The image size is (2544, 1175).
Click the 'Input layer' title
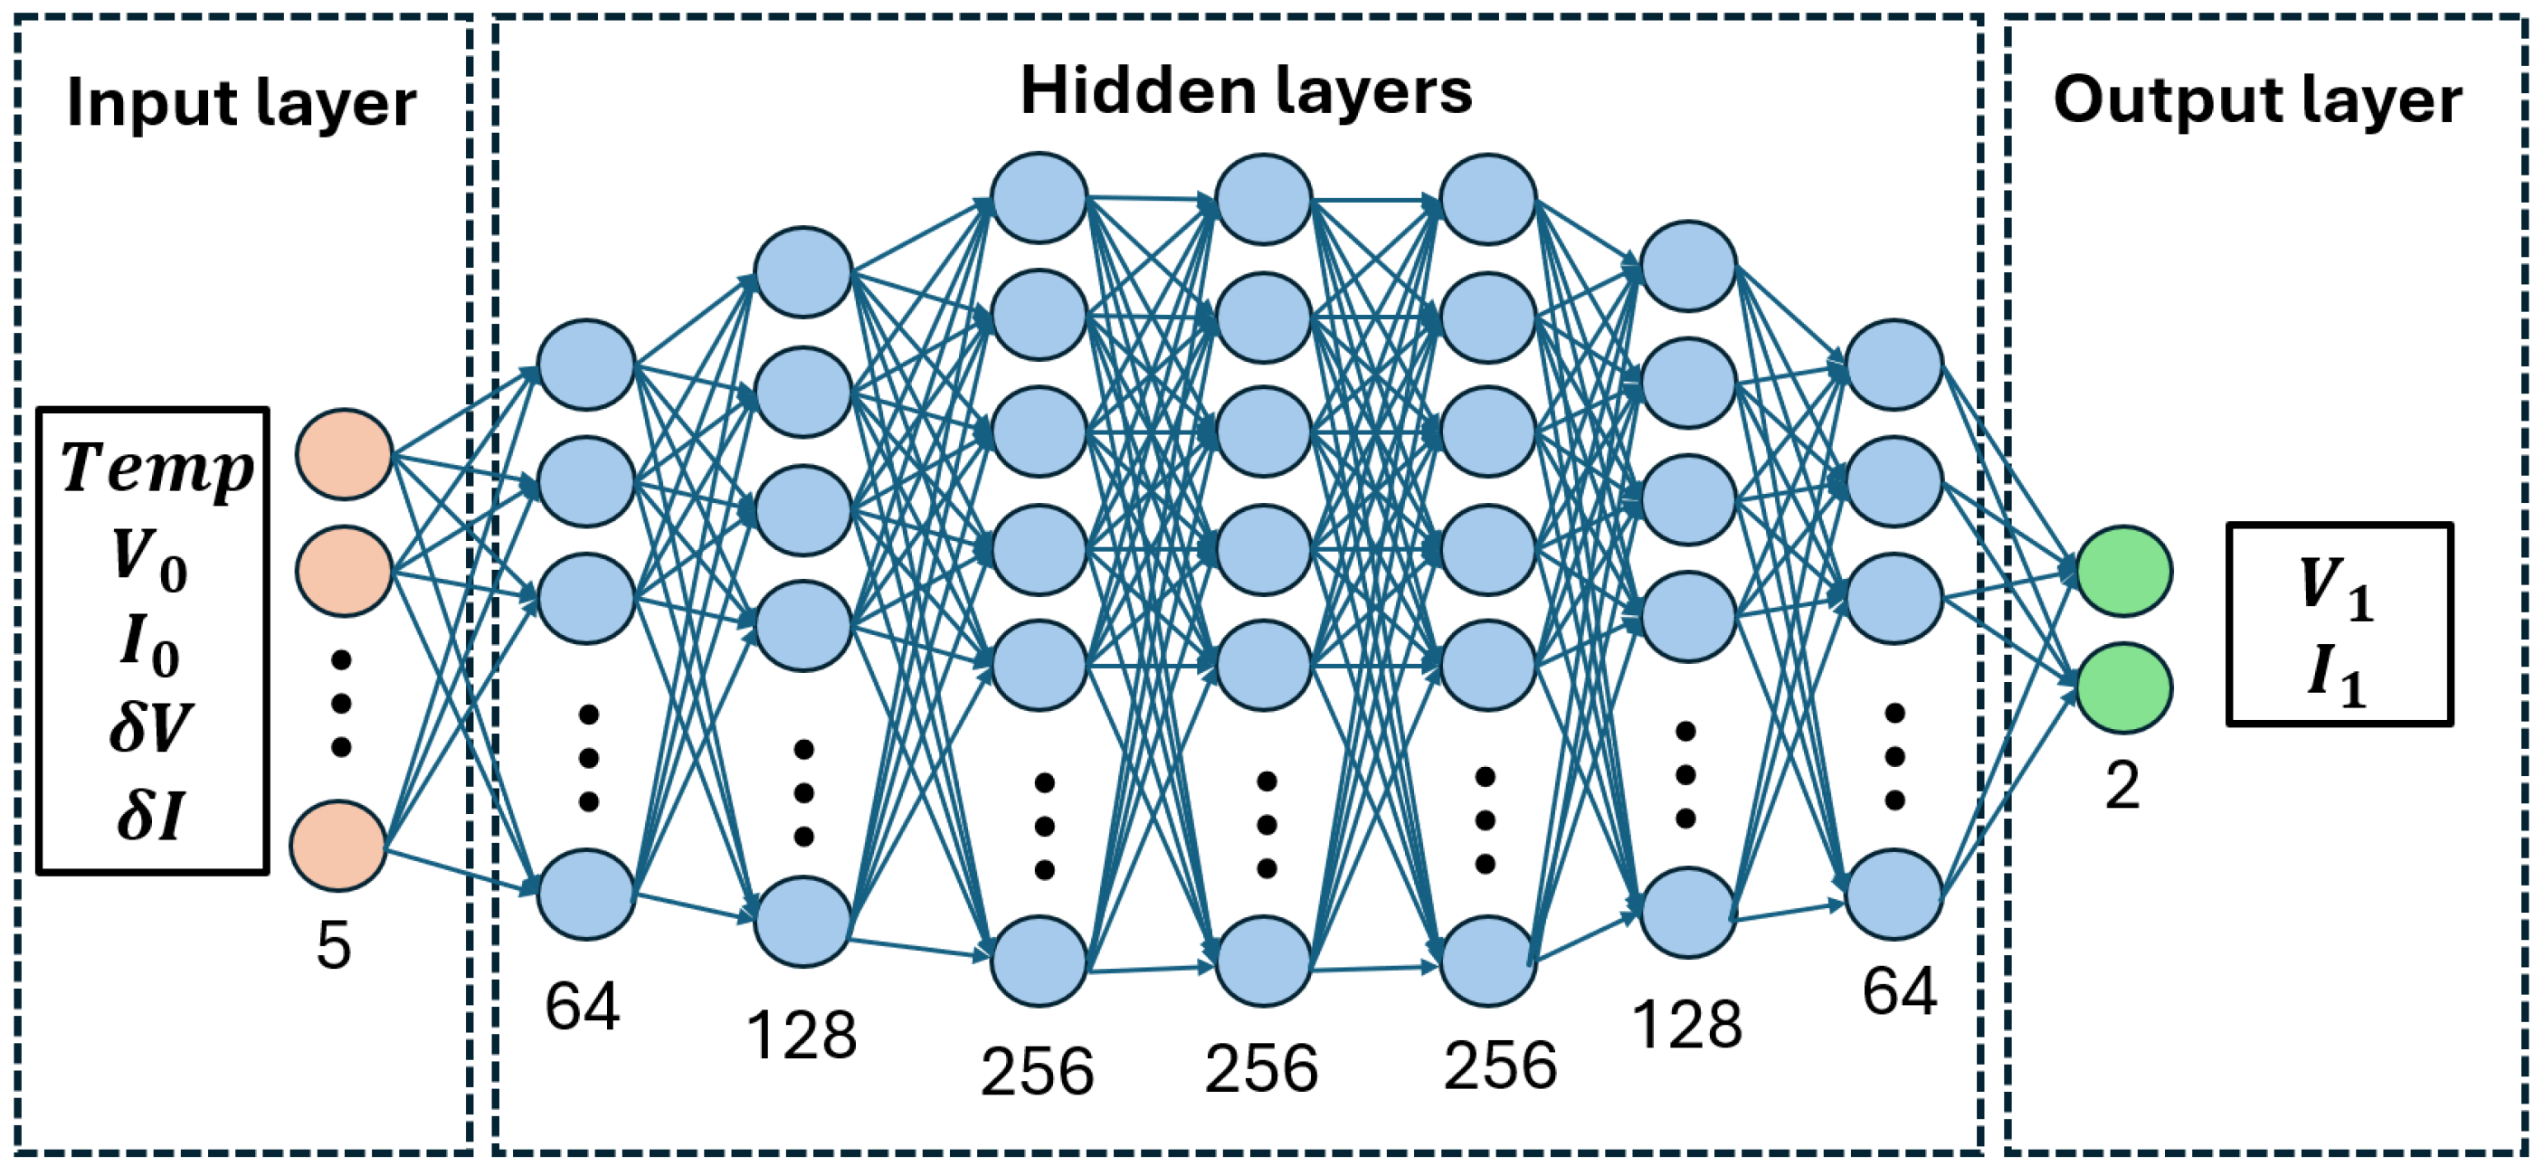click(x=241, y=104)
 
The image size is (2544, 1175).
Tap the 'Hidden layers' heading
click(x=1246, y=92)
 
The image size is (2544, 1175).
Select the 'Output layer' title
click(x=2257, y=101)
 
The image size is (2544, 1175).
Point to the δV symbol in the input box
click(x=151, y=728)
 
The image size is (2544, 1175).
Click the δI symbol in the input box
click(x=150, y=816)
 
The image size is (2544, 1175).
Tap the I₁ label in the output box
click(x=2337, y=677)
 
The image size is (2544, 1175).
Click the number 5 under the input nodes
click(x=334, y=946)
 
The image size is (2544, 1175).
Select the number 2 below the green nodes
click(x=2122, y=787)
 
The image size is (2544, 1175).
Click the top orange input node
click(x=345, y=454)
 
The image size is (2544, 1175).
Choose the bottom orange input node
click(x=337, y=846)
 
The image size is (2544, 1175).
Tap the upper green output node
click(x=2124, y=572)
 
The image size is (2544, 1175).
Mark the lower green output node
click(x=2124, y=688)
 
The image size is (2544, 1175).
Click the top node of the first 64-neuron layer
click(x=585, y=365)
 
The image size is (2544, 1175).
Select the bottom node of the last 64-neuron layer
click(x=1895, y=895)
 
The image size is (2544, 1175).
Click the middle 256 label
click(x=1261, y=1069)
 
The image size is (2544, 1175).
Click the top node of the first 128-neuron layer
click(x=802, y=272)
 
